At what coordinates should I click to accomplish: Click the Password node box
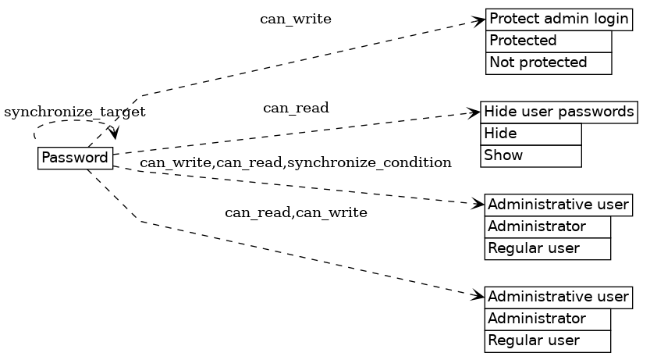tap(75, 158)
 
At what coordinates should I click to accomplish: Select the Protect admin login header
tap(559, 20)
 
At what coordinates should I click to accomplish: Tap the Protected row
tap(548, 41)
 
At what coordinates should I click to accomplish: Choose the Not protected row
tap(548, 62)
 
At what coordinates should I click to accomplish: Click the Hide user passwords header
tap(559, 112)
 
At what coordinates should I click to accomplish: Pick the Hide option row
tap(531, 134)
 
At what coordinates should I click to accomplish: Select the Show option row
tap(531, 155)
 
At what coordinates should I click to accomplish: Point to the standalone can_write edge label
tap(296, 20)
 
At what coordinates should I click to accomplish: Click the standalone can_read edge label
tap(296, 109)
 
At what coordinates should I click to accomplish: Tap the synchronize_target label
tap(75, 112)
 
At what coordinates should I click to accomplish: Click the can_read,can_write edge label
tap(296, 212)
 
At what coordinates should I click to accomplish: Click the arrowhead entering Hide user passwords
tap(474, 113)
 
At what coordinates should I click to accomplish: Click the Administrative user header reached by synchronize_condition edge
tap(558, 205)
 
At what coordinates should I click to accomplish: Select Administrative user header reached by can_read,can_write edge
tap(558, 297)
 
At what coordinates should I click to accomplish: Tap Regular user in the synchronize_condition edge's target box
tap(546, 248)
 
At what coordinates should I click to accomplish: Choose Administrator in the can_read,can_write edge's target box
tap(546, 319)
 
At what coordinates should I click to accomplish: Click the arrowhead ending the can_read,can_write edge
tap(478, 296)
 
